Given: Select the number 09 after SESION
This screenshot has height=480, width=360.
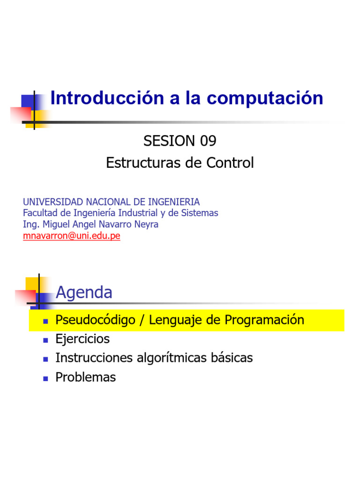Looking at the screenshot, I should tap(207, 140).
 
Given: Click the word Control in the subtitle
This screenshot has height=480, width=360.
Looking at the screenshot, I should tap(230, 163).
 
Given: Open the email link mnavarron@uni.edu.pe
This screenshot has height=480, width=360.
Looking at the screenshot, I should tap(72, 236).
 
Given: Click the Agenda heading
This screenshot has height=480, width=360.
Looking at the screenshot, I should tap(84, 292).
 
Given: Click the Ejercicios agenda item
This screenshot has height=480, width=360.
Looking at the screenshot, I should tap(82, 339).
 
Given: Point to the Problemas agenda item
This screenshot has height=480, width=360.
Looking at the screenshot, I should tap(85, 377).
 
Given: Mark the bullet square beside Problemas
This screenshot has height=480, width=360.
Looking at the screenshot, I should tap(45, 378).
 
